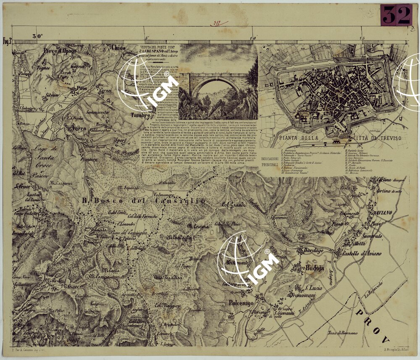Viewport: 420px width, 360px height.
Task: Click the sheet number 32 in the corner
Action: click(396, 16)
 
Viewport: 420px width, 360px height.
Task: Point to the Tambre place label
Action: click(141, 115)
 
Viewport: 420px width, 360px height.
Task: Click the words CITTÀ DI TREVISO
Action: click(375, 138)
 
